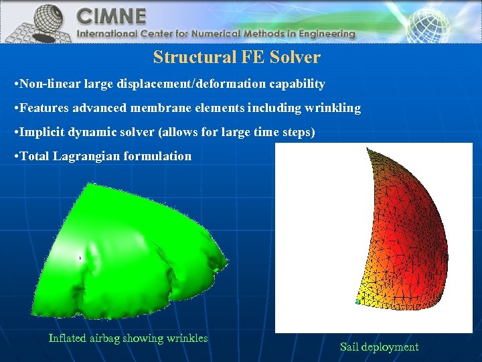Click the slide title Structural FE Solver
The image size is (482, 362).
pos(236,58)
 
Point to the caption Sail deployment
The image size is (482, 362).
pos(379,347)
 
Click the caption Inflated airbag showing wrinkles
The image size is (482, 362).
pos(128,338)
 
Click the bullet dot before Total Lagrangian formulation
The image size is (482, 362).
pos(16,157)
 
